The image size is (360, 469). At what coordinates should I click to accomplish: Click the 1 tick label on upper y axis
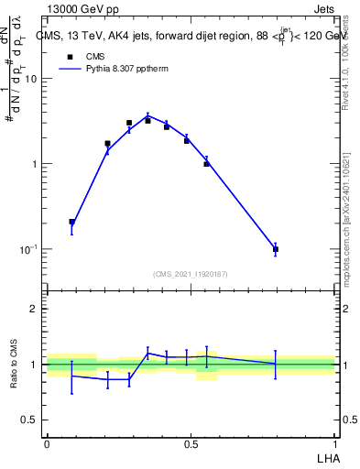34,164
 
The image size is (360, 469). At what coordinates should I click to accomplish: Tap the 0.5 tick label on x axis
191,443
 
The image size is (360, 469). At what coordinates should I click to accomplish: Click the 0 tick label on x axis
47,443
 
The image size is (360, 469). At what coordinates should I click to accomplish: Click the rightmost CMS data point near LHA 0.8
276,249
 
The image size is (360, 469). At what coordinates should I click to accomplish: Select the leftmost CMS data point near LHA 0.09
72,222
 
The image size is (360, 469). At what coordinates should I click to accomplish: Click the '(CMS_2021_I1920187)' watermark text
191,274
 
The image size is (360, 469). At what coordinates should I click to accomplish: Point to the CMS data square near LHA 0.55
206,163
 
